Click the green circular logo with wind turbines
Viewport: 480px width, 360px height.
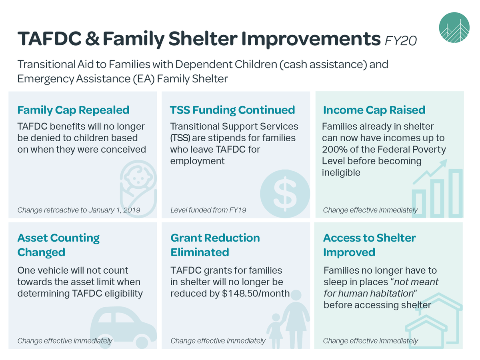click(454, 28)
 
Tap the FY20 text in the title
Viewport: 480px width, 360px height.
click(401, 41)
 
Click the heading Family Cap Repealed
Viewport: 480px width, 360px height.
click(73, 110)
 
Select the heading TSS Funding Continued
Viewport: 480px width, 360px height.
click(232, 110)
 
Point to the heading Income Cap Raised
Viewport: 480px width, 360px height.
click(374, 110)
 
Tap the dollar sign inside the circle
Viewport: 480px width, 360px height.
click(285, 194)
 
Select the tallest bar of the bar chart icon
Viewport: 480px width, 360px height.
click(456, 193)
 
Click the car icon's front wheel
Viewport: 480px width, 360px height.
click(142, 342)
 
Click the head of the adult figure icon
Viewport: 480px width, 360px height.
click(296, 295)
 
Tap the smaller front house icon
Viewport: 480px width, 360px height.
click(426, 332)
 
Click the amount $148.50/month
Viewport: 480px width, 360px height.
click(256, 293)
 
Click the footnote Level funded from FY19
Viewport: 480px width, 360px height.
click(208, 210)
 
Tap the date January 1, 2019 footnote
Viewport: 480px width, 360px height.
click(114, 210)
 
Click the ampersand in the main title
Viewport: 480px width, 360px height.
click(92, 38)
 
